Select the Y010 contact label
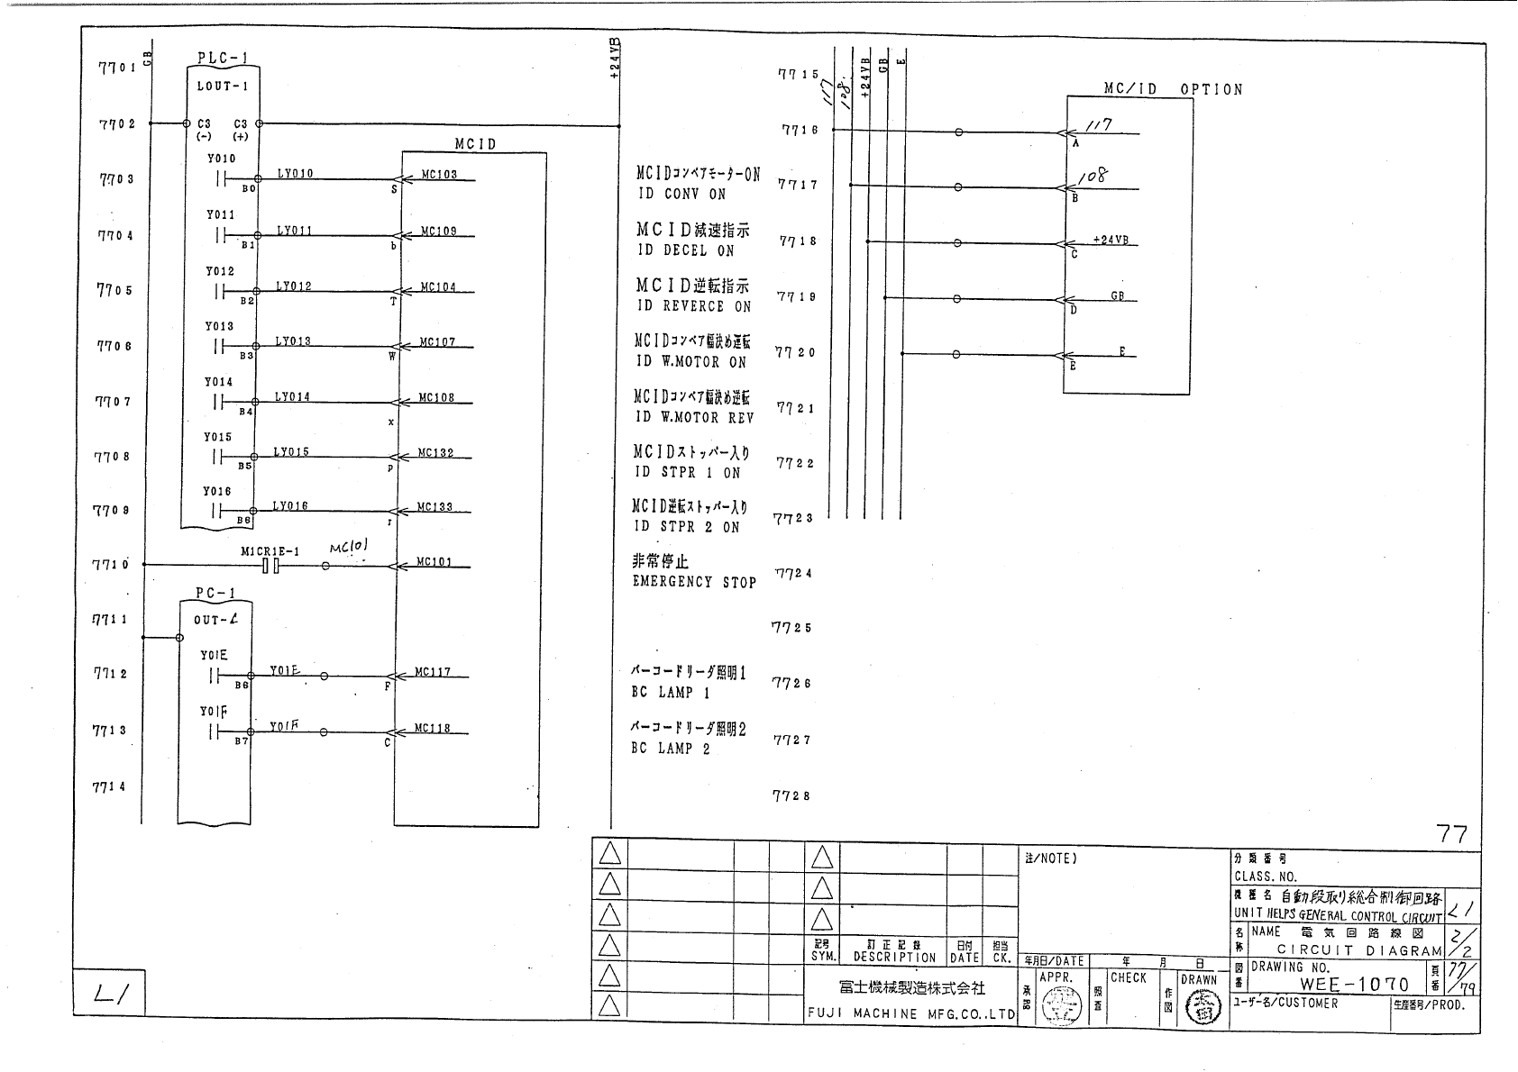pos(221,159)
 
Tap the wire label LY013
pos(293,341)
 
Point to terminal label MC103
pos(439,175)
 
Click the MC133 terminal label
pos(434,508)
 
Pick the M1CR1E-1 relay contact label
pos(270,551)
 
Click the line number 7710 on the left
pos(111,565)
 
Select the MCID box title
pos(475,144)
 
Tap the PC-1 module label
pos(215,593)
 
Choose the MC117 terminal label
pos(433,672)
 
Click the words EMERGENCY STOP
pos(694,583)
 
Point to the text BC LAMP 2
pos(671,749)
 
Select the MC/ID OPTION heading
pos(1173,89)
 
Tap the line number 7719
pos(796,296)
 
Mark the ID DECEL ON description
pos(685,250)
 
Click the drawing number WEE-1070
pos(1353,985)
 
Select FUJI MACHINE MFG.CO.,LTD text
pos(911,1013)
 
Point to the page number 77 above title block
pos(1451,834)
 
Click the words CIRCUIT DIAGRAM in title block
pos(1359,950)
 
